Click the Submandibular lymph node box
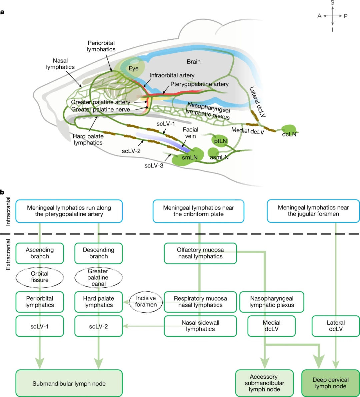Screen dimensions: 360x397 pyautogui.click(x=69, y=383)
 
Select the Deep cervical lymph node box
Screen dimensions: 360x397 pyautogui.click(x=330, y=383)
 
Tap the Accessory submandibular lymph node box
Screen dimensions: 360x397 pyautogui.click(x=264, y=383)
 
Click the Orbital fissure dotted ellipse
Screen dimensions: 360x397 pyautogui.click(x=40, y=277)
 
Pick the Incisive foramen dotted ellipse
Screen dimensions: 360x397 pyautogui.click(x=146, y=301)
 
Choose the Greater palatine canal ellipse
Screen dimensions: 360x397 pyautogui.click(x=98, y=277)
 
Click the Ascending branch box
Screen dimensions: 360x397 pyautogui.click(x=40, y=253)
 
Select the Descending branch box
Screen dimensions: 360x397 pyautogui.click(x=98, y=253)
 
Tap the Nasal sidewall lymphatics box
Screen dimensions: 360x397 pyautogui.click(x=200, y=326)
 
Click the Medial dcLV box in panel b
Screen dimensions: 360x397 pyautogui.click(x=271, y=326)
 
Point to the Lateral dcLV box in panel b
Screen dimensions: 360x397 pyautogui.click(x=336, y=326)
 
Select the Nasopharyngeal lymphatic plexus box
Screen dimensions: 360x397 pyautogui.click(x=272, y=302)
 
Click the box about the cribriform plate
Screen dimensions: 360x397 pyautogui.click(x=199, y=211)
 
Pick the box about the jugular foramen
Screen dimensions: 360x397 pyautogui.click(x=313, y=211)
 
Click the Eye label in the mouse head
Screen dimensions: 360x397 pyautogui.click(x=134, y=68)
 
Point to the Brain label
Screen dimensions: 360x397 pyautogui.click(x=194, y=61)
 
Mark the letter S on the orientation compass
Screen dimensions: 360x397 pyautogui.click(x=332, y=3)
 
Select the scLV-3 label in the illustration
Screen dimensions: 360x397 pyautogui.click(x=154, y=165)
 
